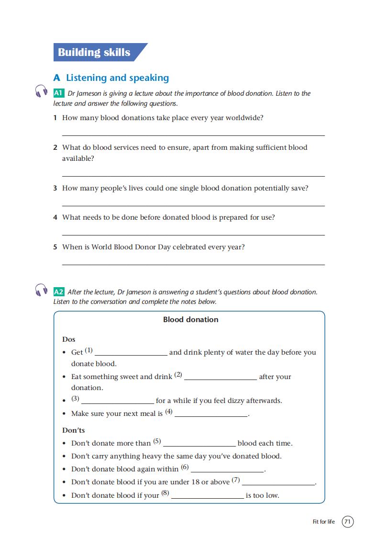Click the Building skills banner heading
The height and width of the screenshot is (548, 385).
(94, 52)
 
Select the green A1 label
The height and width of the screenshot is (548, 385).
(59, 93)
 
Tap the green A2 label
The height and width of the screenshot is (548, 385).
(59, 292)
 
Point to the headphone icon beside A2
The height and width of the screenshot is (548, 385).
(42, 290)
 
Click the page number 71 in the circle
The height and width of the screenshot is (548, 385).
(348, 522)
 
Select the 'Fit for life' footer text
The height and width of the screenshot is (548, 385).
(324, 522)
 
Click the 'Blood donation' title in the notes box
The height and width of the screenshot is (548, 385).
(191, 320)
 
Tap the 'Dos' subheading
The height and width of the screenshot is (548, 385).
(69, 339)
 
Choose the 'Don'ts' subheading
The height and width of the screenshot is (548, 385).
(74, 430)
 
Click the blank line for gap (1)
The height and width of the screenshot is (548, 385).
(131, 355)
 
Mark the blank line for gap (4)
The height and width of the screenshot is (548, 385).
(211, 416)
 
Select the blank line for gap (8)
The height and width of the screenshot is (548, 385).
(208, 498)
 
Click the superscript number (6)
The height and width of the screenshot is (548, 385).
(185, 468)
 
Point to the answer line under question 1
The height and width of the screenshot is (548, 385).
(193, 135)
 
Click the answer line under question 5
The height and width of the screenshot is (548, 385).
(193, 264)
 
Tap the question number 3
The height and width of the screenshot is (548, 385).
(55, 188)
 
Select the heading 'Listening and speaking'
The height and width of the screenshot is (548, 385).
(117, 78)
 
